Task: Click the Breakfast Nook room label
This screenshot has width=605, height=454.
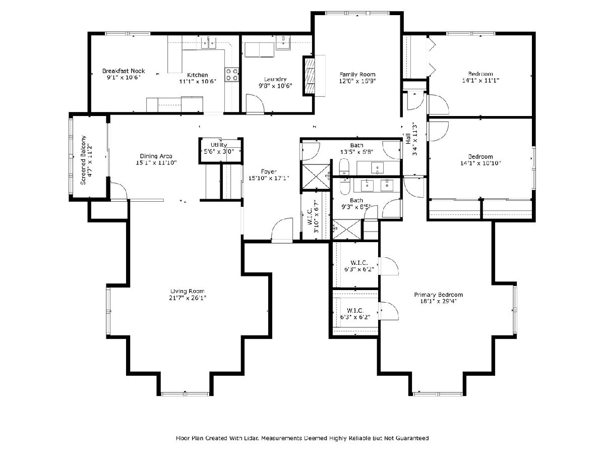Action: tap(123, 71)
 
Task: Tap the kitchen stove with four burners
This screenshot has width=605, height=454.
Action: tap(231, 75)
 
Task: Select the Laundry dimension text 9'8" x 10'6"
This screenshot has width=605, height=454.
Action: tap(275, 86)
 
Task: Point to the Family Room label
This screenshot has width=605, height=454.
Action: tap(357, 74)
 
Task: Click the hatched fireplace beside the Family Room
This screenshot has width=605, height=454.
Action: tap(309, 76)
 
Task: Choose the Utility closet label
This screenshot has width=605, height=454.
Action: tap(219, 145)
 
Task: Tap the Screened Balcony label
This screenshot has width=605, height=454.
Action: tap(84, 160)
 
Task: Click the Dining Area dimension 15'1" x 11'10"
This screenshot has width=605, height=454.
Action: tap(156, 162)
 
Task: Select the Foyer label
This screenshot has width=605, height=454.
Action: tap(269, 172)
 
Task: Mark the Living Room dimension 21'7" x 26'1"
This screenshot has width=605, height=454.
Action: tap(188, 298)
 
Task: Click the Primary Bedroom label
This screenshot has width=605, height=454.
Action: tap(438, 295)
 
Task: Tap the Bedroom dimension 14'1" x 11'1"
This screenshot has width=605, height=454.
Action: tap(480, 81)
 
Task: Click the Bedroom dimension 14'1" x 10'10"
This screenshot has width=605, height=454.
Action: tap(480, 163)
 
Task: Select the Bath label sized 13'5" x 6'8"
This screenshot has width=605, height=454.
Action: tap(356, 145)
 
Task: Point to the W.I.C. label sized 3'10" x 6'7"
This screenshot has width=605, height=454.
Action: tap(313, 216)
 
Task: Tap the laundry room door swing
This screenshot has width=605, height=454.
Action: tap(255, 103)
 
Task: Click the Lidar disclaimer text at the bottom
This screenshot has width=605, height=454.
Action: tap(302, 438)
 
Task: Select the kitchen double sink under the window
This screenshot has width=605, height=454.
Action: tap(208, 43)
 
